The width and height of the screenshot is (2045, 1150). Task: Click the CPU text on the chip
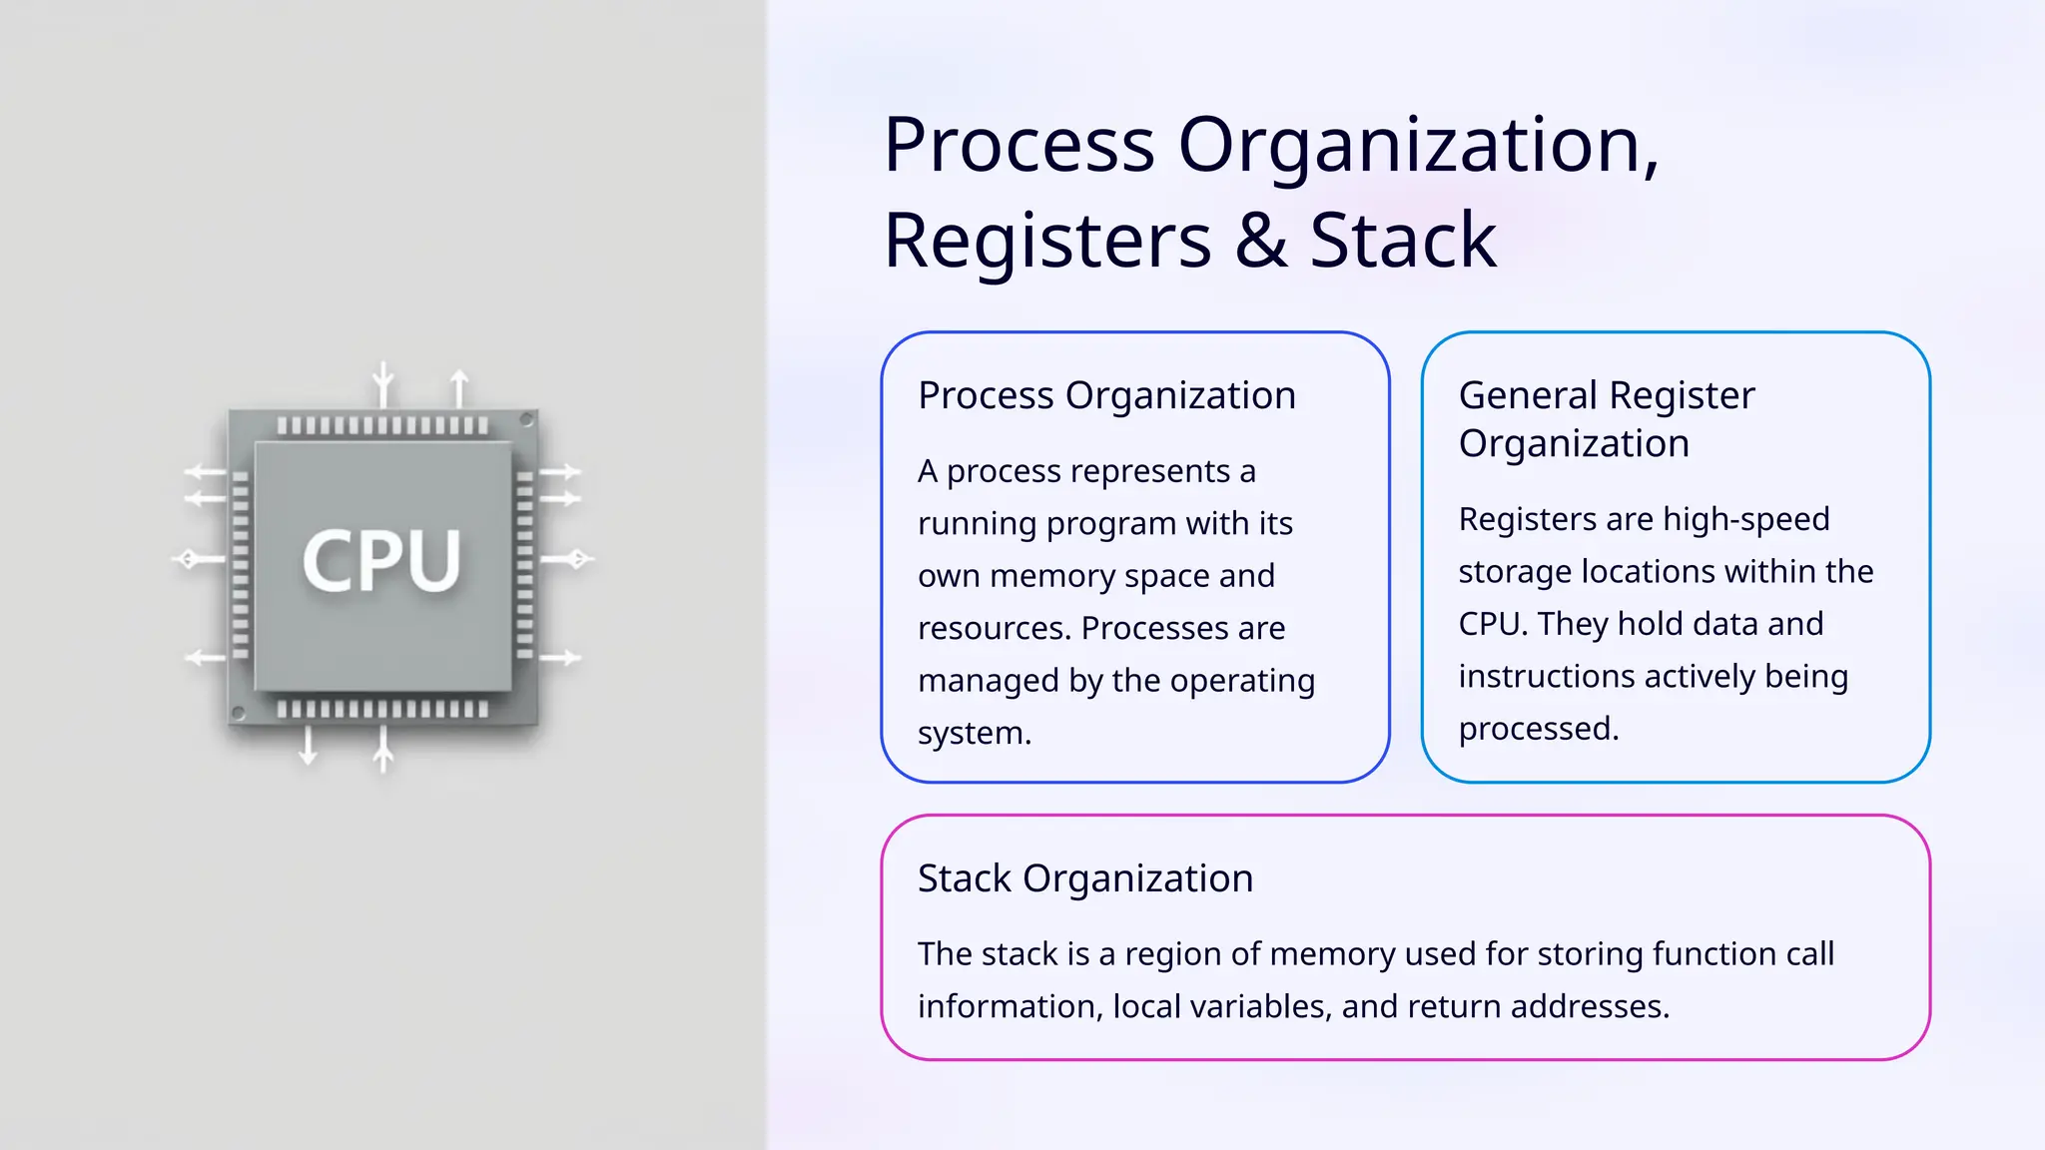tap(381, 560)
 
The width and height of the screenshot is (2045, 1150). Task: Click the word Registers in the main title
tap(1047, 241)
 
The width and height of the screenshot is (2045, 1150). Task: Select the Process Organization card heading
tap(1106, 395)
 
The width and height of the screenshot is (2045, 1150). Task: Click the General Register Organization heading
tap(1606, 419)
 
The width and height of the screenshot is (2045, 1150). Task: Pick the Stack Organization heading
tap(1084, 878)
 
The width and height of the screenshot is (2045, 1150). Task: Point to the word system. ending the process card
tap(974, 733)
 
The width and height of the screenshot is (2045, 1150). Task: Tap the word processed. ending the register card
tap(1538, 729)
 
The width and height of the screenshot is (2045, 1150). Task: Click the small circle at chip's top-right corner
tap(527, 420)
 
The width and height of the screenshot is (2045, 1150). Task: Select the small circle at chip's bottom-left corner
tap(238, 713)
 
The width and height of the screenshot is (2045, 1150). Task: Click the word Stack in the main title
tap(1402, 241)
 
